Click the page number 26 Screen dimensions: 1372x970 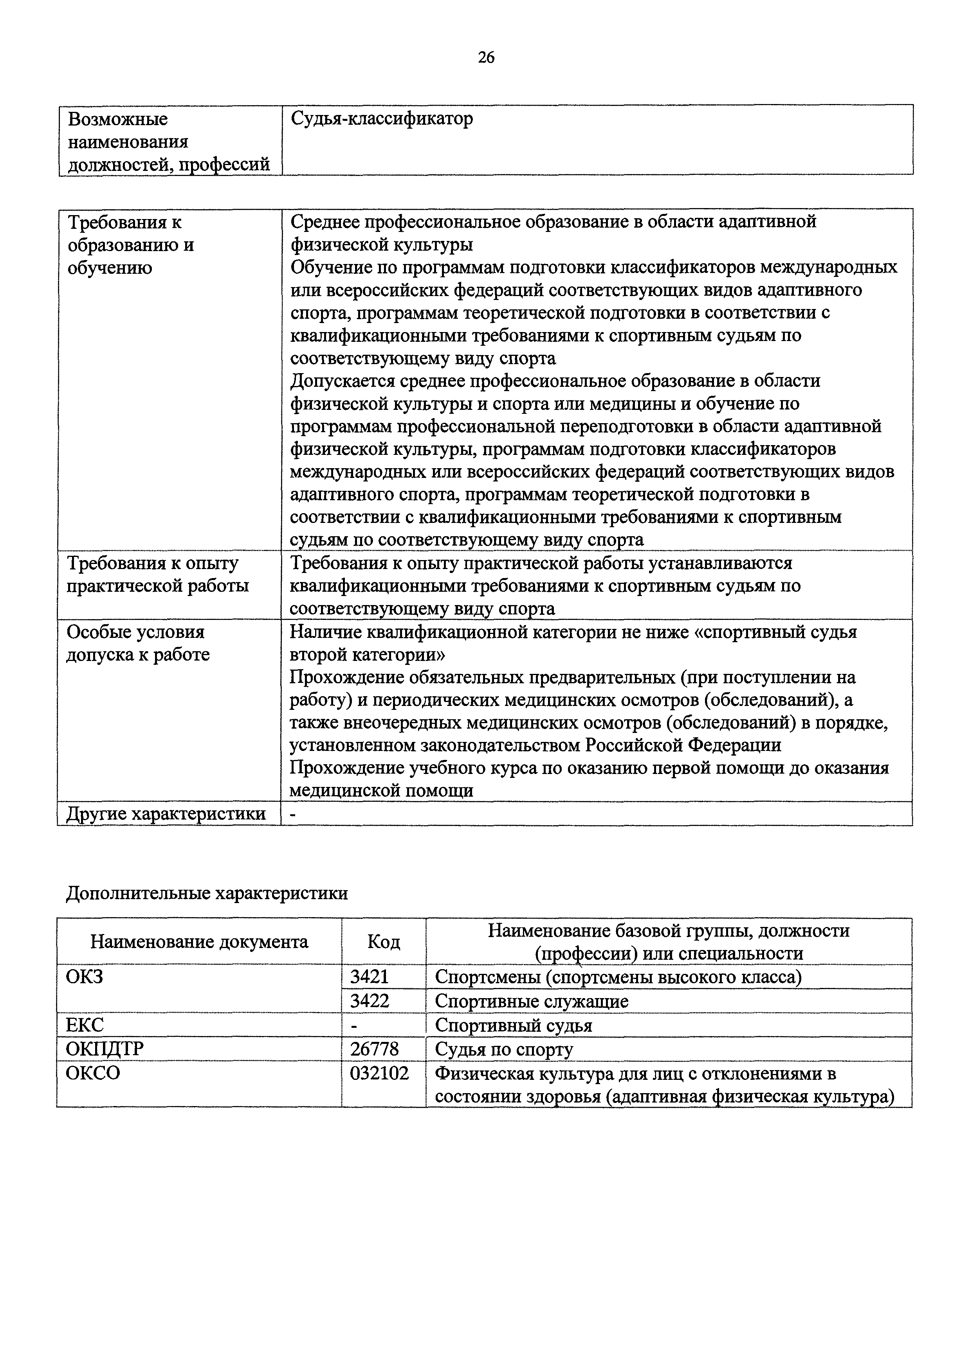coord(486,57)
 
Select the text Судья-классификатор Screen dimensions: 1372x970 coord(382,119)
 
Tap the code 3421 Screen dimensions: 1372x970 coord(370,977)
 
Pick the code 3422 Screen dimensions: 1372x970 coord(370,1001)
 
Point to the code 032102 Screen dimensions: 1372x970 coord(379,1074)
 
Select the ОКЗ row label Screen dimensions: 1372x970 coord(84,977)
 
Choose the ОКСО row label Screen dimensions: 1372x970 coord(93,1074)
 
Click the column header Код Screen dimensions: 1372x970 coord(383,942)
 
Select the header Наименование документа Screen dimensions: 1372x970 coord(199,942)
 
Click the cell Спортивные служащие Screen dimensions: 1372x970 coord(532,1001)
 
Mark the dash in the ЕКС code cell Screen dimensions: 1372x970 coord(354,1025)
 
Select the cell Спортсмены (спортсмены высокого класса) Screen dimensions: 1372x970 coord(618,977)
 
